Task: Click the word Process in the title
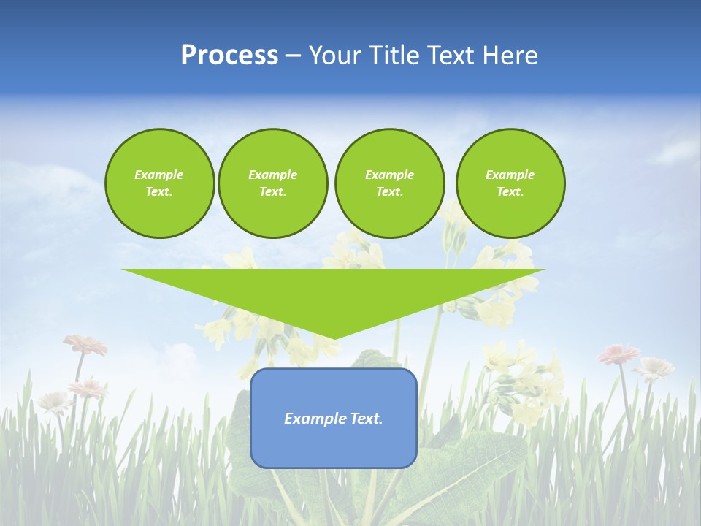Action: point(229,56)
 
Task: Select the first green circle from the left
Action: point(159,183)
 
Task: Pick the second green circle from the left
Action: point(272,183)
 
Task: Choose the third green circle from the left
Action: point(389,183)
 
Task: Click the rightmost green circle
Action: point(510,183)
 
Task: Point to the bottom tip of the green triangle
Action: point(333,338)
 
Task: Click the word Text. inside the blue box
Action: point(367,419)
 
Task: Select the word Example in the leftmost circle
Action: point(159,175)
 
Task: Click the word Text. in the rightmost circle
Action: point(510,192)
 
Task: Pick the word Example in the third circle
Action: point(389,175)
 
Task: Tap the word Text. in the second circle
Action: point(272,192)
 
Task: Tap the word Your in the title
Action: point(334,56)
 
